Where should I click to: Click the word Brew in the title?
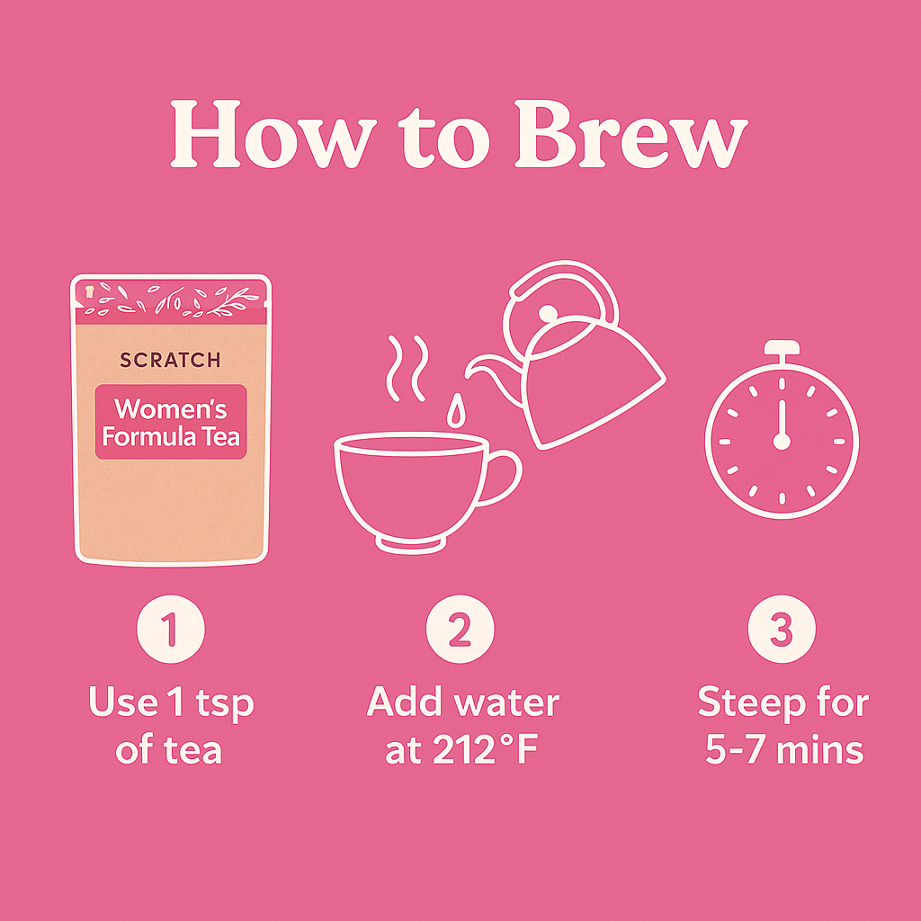click(631, 135)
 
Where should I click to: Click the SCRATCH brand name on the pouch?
click(170, 360)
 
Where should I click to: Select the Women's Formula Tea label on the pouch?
click(171, 422)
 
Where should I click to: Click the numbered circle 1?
click(171, 629)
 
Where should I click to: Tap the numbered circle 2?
click(460, 629)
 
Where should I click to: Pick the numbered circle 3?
click(782, 629)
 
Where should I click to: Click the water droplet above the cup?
click(456, 410)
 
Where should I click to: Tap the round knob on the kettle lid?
click(548, 313)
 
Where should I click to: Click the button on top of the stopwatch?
click(782, 348)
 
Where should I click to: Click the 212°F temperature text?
click(485, 750)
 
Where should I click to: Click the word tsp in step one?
click(224, 705)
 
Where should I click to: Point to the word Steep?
click(744, 703)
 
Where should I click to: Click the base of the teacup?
click(410, 544)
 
